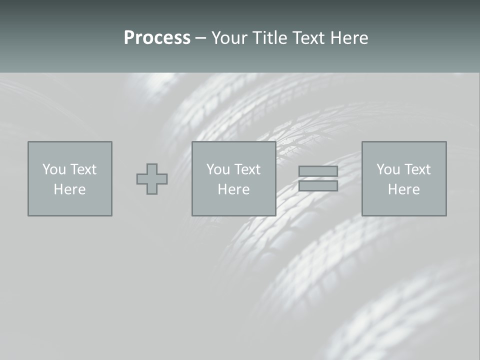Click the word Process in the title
pos(157,38)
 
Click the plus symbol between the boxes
pos(152,179)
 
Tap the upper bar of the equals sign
pos(318,171)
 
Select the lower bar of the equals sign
pos(318,186)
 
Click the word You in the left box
pos(53,169)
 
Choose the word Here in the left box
pos(69,189)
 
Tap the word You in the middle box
pos(218,169)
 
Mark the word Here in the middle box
pos(233,189)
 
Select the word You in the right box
pos(388,169)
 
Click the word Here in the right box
pos(403,189)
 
